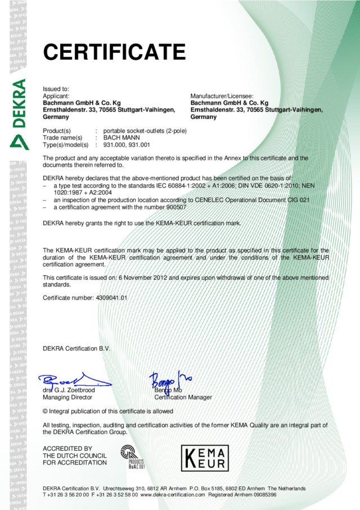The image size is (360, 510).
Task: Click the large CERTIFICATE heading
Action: pyautogui.click(x=114, y=52)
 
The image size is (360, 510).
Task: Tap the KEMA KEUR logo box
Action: pyautogui.click(x=204, y=458)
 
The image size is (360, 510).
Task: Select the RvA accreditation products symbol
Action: pyautogui.click(x=133, y=456)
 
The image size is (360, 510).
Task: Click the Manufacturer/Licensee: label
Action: pyautogui.click(x=222, y=96)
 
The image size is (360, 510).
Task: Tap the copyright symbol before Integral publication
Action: pyautogui.click(x=46, y=410)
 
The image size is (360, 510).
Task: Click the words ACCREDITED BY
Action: pyautogui.click(x=67, y=448)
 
